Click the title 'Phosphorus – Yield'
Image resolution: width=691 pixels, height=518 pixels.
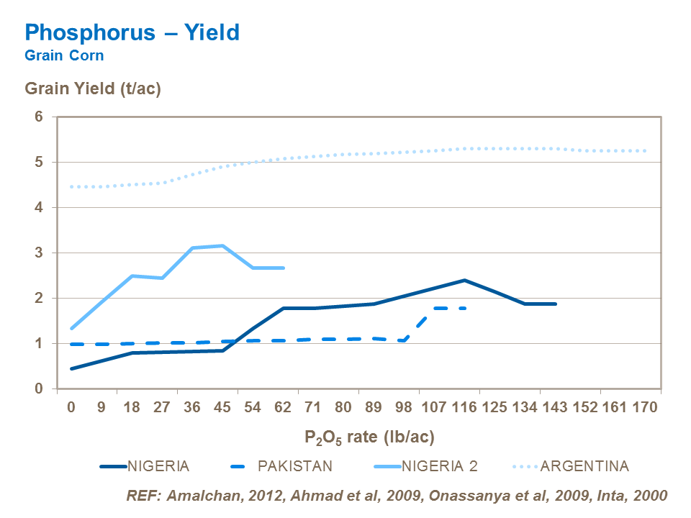coord(132,32)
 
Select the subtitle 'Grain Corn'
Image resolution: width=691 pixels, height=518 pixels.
coord(63,55)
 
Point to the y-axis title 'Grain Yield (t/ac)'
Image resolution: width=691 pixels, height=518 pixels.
coord(93,89)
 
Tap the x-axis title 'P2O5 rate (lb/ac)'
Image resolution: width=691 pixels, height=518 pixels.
coord(369,437)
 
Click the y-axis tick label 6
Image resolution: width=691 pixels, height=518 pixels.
coord(40,117)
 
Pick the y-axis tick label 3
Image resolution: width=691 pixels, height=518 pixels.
coord(40,253)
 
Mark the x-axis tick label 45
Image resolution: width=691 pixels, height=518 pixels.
coord(222,408)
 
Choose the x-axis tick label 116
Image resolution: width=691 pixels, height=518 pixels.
coord(464,408)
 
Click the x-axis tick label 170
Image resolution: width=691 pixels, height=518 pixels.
coord(645,408)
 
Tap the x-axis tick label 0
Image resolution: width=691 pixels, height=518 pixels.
coord(71,408)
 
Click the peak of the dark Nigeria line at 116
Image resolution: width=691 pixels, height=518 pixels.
coord(464,280)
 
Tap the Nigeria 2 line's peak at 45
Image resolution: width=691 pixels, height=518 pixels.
coord(222,246)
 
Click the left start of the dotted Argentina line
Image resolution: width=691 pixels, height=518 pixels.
coord(71,186)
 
